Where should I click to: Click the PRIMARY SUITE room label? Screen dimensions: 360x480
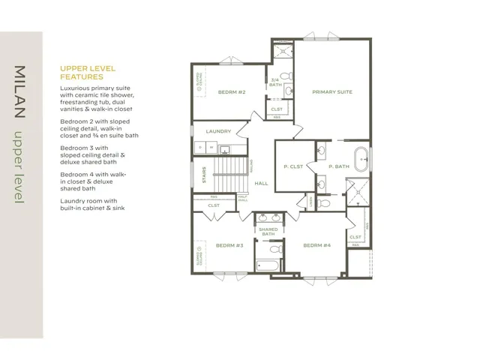[332, 91]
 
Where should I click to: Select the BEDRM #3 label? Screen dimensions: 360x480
[229, 245]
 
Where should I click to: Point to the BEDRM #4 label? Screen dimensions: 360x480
[316, 245]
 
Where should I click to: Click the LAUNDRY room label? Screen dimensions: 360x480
[218, 131]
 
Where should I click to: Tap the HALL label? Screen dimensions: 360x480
[262, 183]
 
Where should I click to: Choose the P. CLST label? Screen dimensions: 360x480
[293, 166]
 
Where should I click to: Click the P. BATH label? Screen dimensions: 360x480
[338, 166]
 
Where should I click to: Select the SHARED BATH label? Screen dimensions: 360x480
[268, 232]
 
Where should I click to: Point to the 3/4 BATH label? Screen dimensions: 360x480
[275, 82]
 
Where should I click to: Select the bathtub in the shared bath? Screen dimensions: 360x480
[267, 265]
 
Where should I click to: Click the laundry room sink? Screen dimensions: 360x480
[202, 148]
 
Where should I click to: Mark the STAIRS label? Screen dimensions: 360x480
[203, 175]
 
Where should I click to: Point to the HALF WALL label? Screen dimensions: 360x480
[242, 199]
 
